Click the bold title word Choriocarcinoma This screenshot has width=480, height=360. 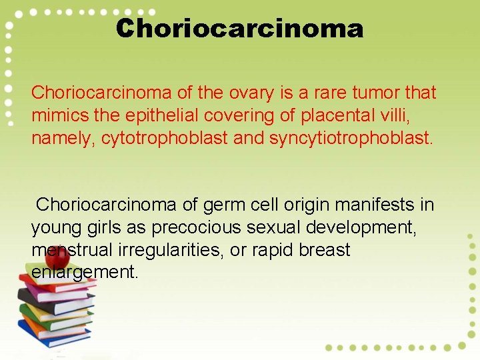coord(239,29)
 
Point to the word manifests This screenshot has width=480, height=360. coord(369,204)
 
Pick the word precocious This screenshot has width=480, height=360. coord(197,227)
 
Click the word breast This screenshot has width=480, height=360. coord(325,250)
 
